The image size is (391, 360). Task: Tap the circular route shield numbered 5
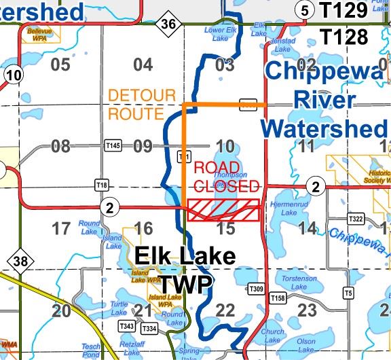(x=305, y=10)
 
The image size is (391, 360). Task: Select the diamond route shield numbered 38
(x=16, y=261)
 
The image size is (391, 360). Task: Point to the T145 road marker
(x=113, y=146)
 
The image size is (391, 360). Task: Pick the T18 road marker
(x=102, y=185)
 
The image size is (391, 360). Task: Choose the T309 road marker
(x=255, y=289)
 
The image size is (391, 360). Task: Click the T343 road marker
(x=127, y=327)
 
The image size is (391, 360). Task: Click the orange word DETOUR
(x=142, y=96)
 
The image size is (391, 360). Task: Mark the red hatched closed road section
(x=224, y=210)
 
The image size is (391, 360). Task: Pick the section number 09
(x=142, y=146)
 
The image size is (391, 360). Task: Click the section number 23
(x=307, y=310)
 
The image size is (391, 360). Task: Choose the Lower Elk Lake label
(x=218, y=34)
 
